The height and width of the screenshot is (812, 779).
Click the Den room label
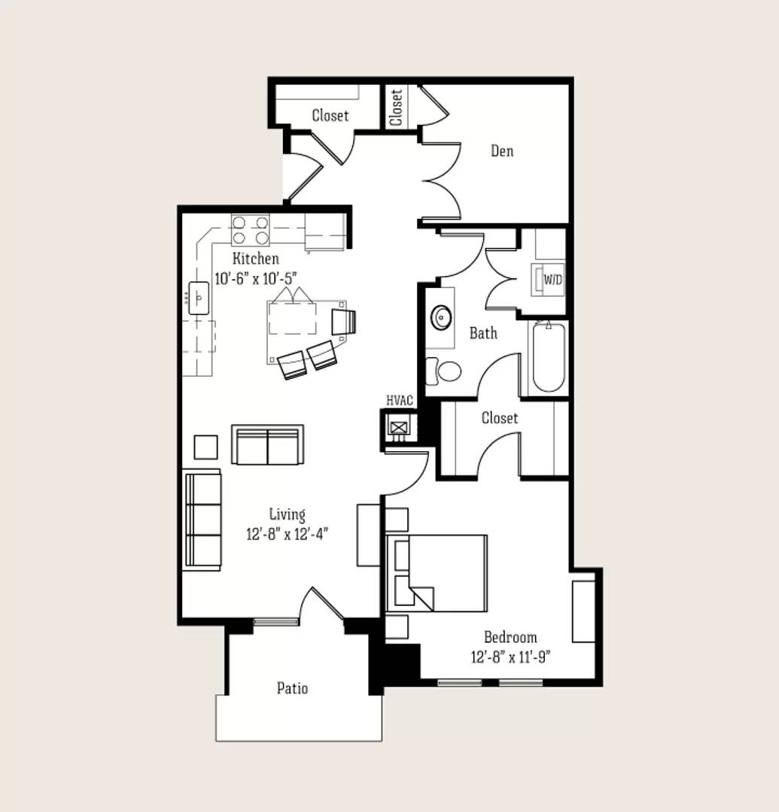point(502,150)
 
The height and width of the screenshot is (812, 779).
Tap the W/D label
point(552,280)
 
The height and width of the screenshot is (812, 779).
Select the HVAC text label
point(400,400)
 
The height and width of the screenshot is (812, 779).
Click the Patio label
point(292,688)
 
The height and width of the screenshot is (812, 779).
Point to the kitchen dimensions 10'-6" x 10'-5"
point(256,279)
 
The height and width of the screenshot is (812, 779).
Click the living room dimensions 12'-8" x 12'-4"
point(287,534)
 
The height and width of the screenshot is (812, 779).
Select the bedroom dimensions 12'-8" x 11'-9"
point(510,657)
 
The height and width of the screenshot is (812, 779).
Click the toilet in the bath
point(443,371)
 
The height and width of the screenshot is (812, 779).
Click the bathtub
point(549,357)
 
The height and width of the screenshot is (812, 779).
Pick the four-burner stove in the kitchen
point(251,230)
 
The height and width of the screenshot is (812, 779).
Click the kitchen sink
point(199,298)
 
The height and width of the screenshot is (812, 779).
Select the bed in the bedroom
point(437,573)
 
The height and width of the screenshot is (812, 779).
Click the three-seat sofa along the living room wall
point(202,520)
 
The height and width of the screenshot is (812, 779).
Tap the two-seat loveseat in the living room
point(267,445)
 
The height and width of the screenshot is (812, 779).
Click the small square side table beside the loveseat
point(205,447)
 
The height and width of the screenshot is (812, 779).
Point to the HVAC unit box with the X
point(399,427)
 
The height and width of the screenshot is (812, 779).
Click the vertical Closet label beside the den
point(397,108)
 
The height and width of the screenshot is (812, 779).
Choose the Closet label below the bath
point(499,418)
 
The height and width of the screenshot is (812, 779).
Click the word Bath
point(483,333)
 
